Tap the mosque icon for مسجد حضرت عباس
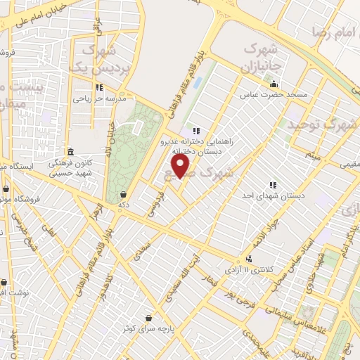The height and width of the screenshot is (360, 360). (x=274, y=84)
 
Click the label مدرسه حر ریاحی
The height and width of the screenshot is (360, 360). (x=99, y=99)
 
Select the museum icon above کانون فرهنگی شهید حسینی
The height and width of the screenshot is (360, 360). (x=70, y=152)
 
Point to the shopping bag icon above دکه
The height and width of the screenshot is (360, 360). (x=124, y=195)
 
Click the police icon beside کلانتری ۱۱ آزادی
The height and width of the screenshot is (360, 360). (x=247, y=259)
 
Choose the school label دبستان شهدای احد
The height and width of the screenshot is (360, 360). (x=274, y=195)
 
